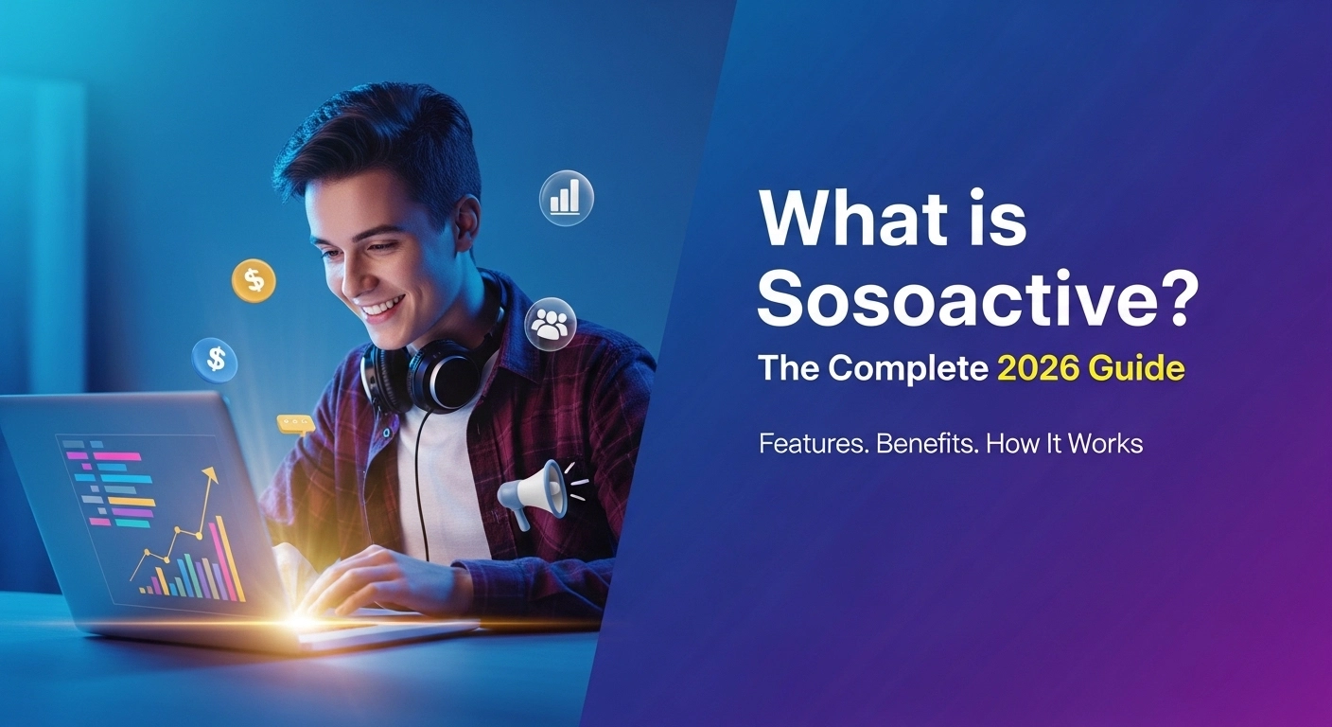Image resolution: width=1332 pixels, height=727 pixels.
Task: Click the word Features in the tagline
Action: (814, 443)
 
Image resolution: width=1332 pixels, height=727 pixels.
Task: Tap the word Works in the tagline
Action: (1110, 443)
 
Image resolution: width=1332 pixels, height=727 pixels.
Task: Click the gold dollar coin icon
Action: (254, 280)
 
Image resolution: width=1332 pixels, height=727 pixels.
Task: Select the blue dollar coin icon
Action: (215, 360)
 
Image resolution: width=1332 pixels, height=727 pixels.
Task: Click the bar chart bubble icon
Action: (566, 198)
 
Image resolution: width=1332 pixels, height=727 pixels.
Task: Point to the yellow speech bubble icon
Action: (295, 423)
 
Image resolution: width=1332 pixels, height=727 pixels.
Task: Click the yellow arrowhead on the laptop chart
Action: (209, 473)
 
